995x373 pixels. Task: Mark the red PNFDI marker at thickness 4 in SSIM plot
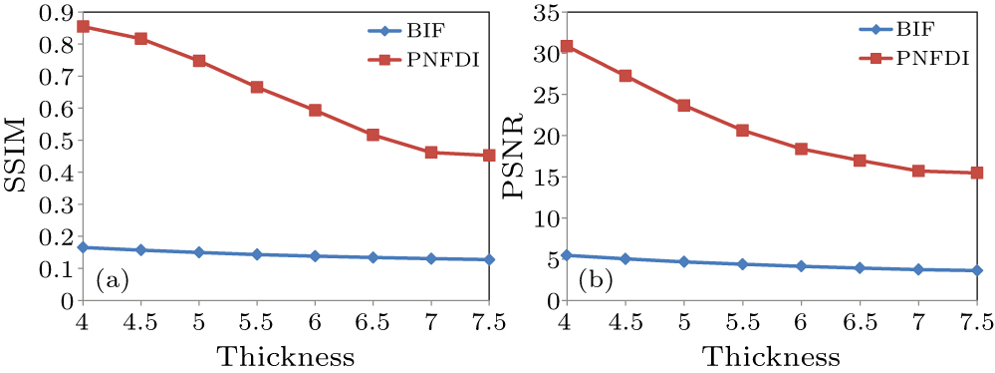click(84, 26)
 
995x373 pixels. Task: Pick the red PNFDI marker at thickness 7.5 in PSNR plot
click(976, 173)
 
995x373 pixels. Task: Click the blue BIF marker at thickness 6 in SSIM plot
click(315, 256)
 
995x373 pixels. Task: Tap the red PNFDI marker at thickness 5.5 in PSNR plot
click(742, 131)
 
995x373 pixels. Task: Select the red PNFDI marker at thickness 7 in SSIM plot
click(431, 153)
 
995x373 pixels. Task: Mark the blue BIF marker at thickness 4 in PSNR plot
click(567, 255)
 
